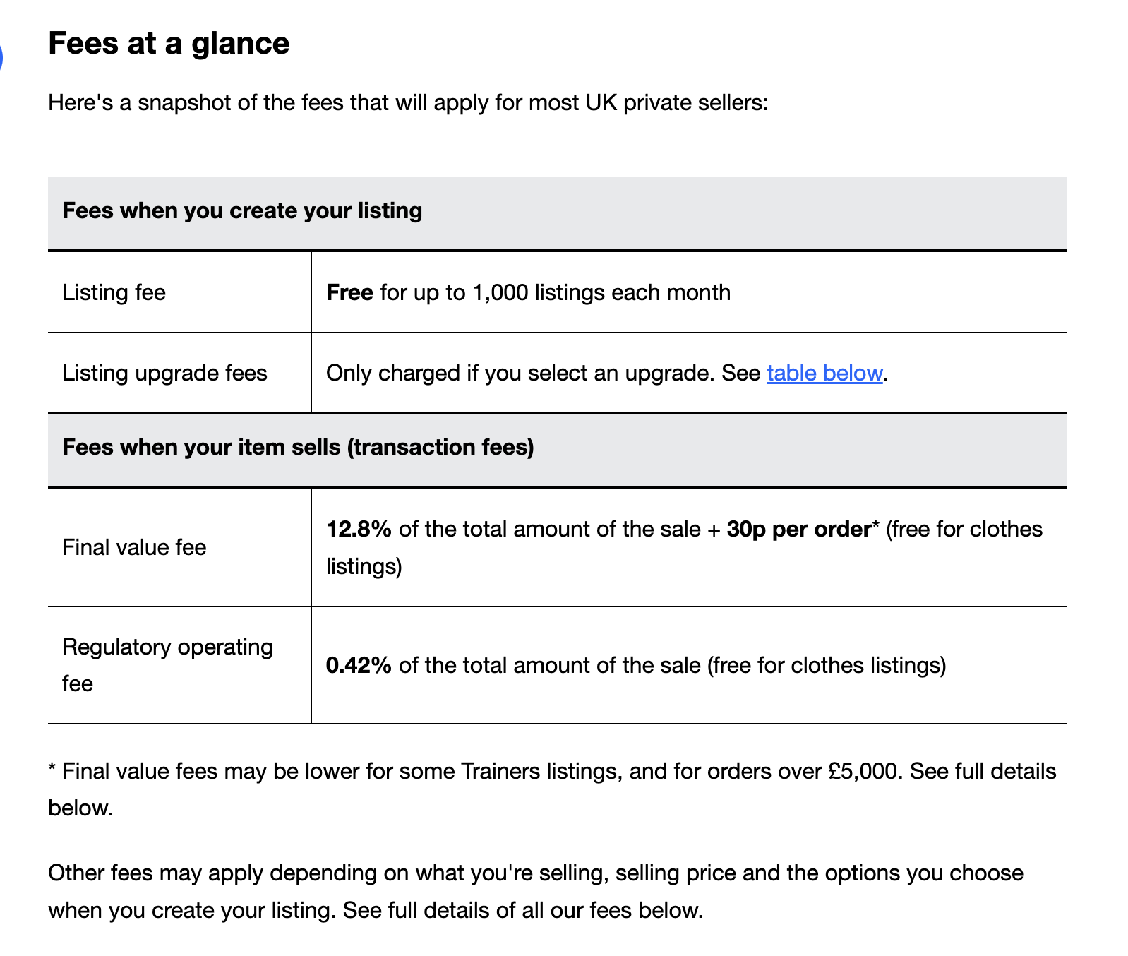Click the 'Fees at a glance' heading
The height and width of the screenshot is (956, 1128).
click(169, 43)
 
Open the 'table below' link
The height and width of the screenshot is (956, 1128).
click(824, 373)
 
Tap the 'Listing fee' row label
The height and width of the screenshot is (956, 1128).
click(114, 292)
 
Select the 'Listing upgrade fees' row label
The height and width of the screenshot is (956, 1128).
click(164, 373)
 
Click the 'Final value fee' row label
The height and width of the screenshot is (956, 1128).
click(134, 547)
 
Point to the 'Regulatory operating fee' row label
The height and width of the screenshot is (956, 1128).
click(167, 664)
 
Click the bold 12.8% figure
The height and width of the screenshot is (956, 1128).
click(359, 529)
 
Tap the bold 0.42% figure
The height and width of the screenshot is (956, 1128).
click(359, 665)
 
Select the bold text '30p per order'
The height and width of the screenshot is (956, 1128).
click(798, 529)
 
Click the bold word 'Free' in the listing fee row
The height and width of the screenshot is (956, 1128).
click(349, 292)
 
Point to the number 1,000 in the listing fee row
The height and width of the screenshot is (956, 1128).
click(500, 292)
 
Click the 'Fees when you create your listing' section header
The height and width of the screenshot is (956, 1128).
click(242, 210)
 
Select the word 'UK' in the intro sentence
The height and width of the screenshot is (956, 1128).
click(601, 103)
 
